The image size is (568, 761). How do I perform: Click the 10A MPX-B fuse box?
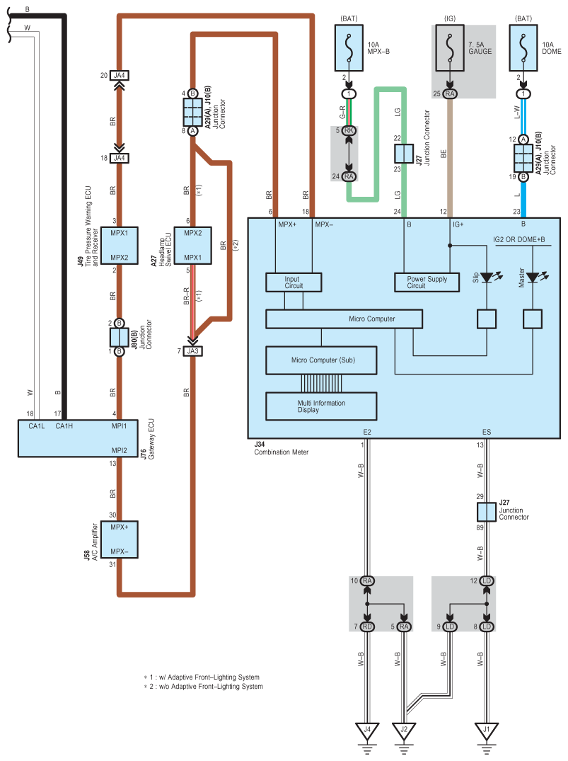[348, 47]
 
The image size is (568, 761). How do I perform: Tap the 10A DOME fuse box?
[523, 47]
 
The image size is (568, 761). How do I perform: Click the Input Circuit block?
[293, 282]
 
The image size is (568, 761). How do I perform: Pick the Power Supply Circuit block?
[427, 282]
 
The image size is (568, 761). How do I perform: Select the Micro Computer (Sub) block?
[323, 360]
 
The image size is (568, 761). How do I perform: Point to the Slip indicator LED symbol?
[487, 277]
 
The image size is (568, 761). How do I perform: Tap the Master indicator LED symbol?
[532, 277]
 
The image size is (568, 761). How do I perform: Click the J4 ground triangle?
[368, 730]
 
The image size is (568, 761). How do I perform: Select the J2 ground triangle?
[404, 730]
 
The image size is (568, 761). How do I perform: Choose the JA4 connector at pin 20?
[120, 76]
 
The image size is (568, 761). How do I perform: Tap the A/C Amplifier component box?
[120, 539]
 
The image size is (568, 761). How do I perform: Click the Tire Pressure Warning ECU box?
[120, 245]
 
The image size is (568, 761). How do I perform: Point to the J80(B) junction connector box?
[120, 337]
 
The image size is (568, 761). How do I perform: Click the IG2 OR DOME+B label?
[519, 240]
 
